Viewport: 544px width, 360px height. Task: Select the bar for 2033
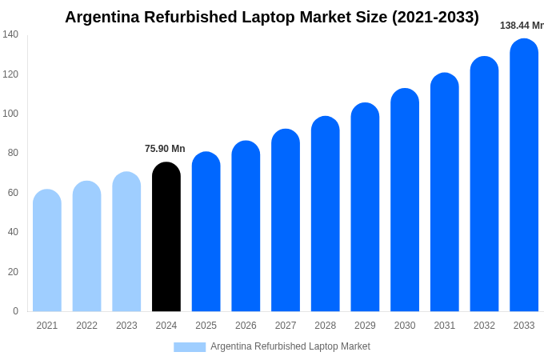click(524, 175)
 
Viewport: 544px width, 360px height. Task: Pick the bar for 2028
click(326, 214)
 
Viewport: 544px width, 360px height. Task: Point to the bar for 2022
click(87, 246)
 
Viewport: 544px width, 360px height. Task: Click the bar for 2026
click(246, 226)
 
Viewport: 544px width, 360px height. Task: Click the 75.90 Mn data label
click(165, 149)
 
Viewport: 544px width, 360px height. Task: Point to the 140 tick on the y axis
click(10, 34)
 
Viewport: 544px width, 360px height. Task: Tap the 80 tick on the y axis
click(13, 153)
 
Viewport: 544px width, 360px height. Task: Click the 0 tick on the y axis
click(15, 311)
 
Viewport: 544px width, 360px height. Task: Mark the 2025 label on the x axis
click(206, 326)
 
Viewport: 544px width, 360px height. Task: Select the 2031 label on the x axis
click(445, 326)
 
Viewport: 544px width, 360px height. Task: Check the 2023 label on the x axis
click(126, 326)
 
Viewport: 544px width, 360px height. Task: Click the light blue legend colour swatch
click(190, 347)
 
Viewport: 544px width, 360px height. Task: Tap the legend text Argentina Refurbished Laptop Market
click(290, 346)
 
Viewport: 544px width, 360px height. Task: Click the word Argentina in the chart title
click(102, 17)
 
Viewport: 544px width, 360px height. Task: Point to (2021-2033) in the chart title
click(435, 17)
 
